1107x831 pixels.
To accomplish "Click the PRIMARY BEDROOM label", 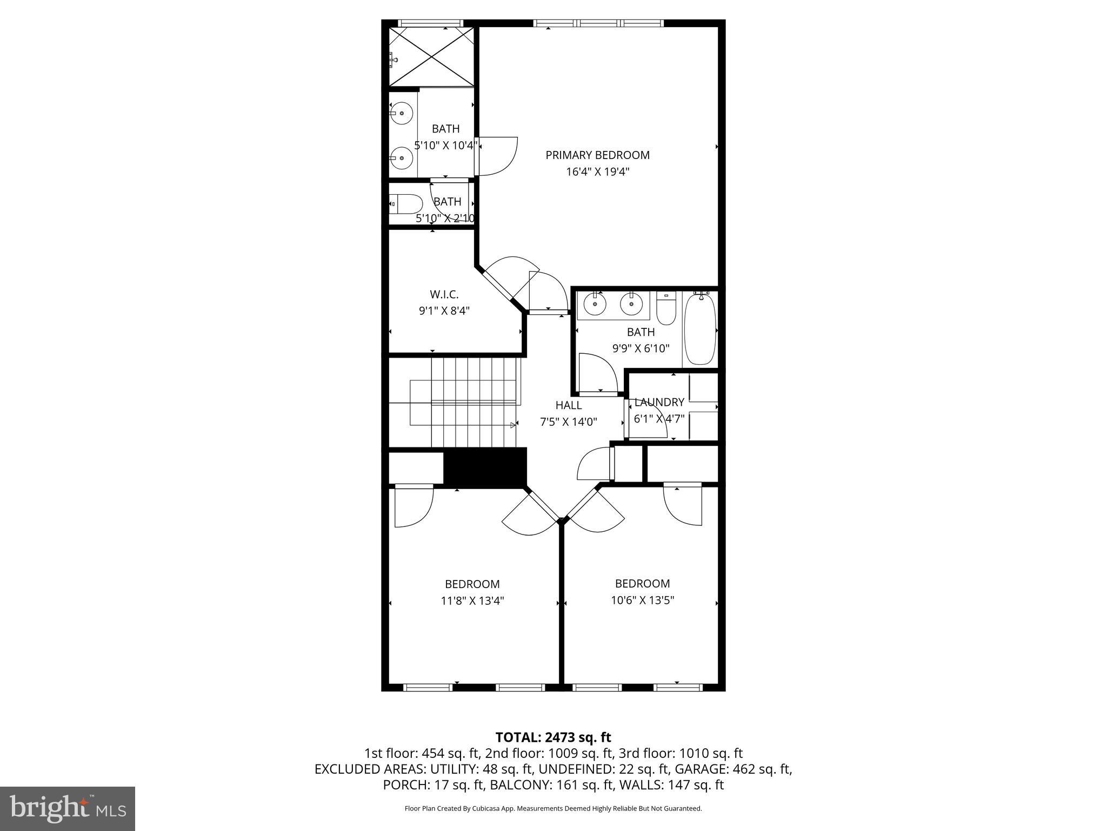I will coord(597,155).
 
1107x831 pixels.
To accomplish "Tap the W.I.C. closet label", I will coord(444,294).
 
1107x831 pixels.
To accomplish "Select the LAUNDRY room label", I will coord(659,402).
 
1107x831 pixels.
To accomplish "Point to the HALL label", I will coord(569,405).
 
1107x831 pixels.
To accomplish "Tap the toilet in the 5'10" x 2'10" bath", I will coord(406,205).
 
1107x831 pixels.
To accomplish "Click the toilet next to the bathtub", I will coord(666,308).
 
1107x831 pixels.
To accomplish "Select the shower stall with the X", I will coord(431,56).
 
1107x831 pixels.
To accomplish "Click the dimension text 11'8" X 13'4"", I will coord(472,601).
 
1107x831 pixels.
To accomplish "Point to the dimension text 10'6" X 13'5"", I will coord(642,600).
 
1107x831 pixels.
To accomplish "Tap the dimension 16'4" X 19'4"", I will coord(597,172).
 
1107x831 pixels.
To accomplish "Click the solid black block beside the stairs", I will coord(485,466).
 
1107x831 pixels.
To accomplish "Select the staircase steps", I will coord(465,403).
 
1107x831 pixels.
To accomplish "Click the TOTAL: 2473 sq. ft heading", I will coord(553,737).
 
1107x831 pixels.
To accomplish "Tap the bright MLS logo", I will coord(68,808).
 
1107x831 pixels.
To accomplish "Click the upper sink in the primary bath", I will coord(402,114).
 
